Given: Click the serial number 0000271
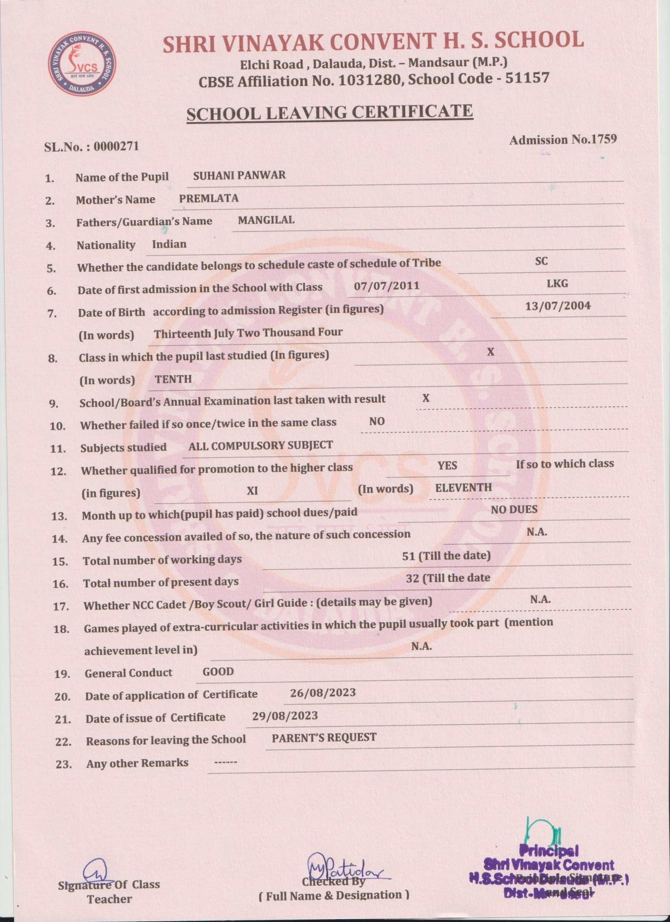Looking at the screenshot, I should [116, 146].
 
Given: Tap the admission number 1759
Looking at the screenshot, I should [602, 140].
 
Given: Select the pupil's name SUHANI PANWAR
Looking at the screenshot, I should [239, 175].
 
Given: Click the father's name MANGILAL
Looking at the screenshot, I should [266, 220].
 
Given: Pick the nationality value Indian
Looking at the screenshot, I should [169, 244].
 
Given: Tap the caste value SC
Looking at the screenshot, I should [541, 261].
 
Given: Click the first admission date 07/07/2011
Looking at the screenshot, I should [387, 286].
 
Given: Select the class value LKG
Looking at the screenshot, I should [557, 284].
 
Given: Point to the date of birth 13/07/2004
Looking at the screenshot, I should [558, 306].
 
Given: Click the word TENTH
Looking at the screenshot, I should [173, 379].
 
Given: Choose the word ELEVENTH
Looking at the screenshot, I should [463, 487].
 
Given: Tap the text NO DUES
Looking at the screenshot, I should [514, 510].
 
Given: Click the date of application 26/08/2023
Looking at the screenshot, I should [322, 692].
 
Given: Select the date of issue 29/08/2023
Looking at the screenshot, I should [285, 715].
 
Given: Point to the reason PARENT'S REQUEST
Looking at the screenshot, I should [324, 738].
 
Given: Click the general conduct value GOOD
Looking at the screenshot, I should [218, 672].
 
